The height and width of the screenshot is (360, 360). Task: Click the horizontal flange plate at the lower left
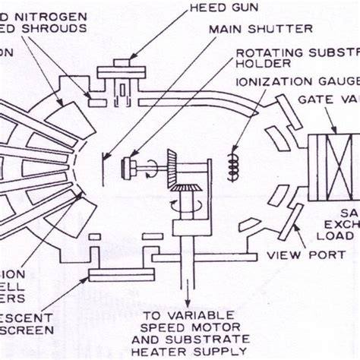(x=122, y=274)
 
